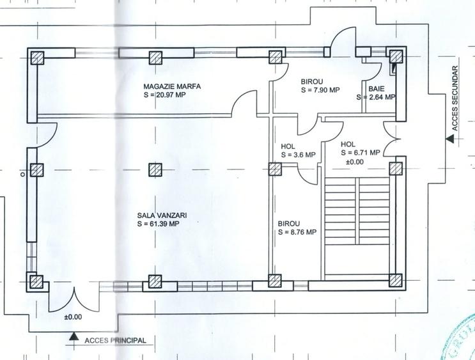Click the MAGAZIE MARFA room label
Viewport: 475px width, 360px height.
pyautogui.click(x=172, y=86)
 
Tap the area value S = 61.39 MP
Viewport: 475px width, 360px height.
pyautogui.click(x=158, y=224)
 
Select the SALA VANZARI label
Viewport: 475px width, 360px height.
pyautogui.click(x=162, y=215)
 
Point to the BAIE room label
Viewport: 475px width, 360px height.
pyautogui.click(x=377, y=89)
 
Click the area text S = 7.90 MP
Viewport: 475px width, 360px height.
pyautogui.click(x=320, y=90)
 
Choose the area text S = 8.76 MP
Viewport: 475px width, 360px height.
pyautogui.click(x=297, y=232)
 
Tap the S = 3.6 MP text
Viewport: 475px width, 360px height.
pyautogui.click(x=299, y=155)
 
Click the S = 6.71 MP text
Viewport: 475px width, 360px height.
pyautogui.click(x=360, y=153)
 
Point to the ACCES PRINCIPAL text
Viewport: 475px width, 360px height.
pyautogui.click(x=115, y=340)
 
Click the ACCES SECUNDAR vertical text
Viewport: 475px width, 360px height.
pyautogui.click(x=455, y=98)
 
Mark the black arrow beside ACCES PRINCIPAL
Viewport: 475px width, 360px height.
pyautogui.click(x=72, y=336)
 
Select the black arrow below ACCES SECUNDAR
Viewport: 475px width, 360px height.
pyautogui.click(x=450, y=139)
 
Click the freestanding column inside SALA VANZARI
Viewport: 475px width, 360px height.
pyautogui.click(x=155, y=169)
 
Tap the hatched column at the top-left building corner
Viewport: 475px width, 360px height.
pyautogui.click(x=37, y=58)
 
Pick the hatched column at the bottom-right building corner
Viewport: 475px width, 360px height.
pyautogui.click(x=396, y=280)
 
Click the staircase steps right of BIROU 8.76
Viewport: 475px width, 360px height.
pyautogui.click(x=357, y=211)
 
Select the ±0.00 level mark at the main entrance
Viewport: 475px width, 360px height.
pyautogui.click(x=73, y=317)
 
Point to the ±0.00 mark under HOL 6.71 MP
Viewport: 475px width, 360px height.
pyautogui.click(x=355, y=162)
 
